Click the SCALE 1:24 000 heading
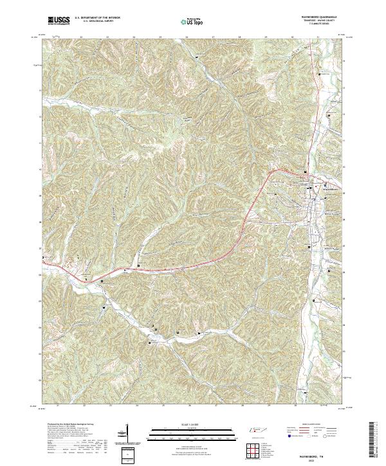pyautogui.click(x=184, y=423)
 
